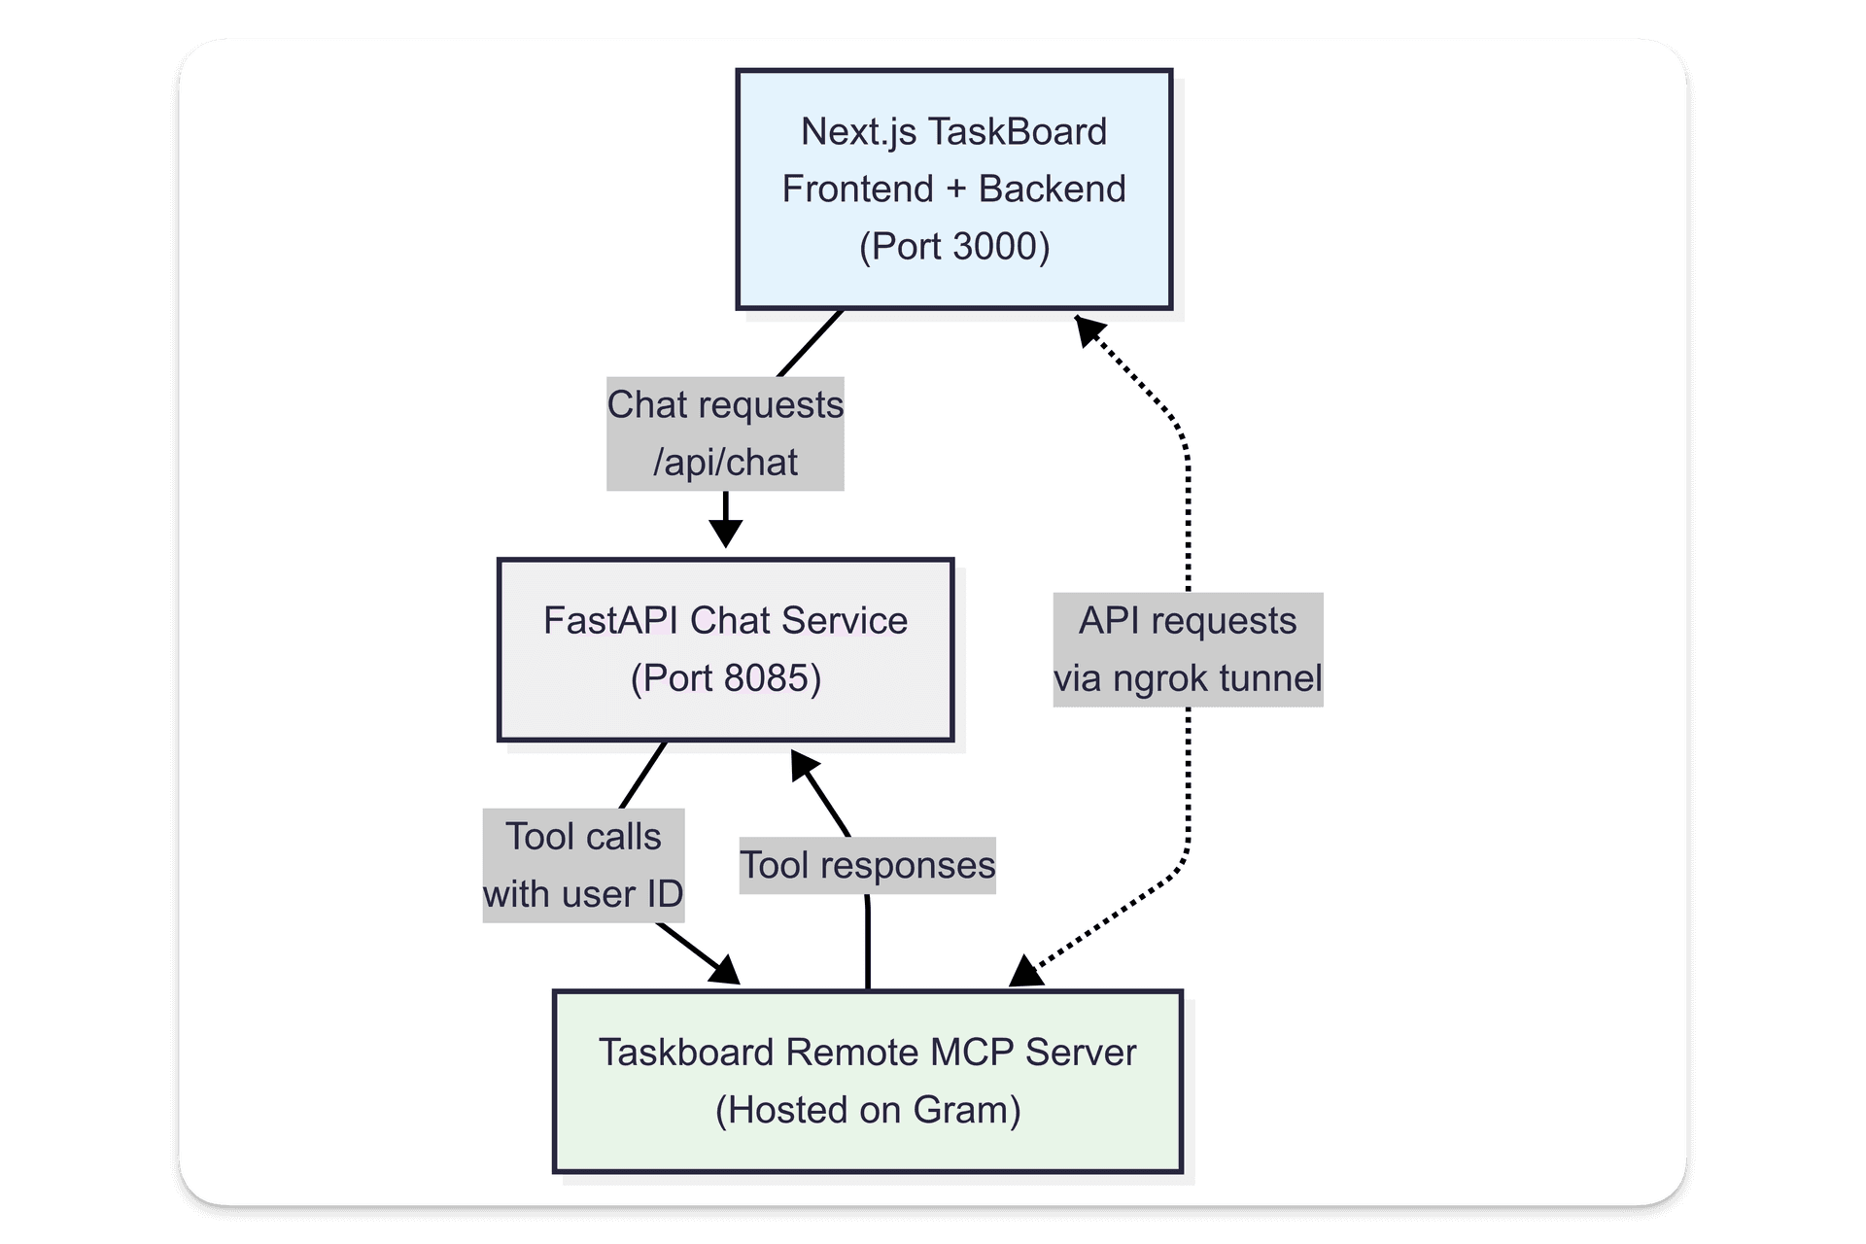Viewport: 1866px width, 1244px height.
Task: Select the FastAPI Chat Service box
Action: [x=725, y=649]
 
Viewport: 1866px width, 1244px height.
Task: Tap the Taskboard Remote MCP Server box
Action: [x=867, y=1081]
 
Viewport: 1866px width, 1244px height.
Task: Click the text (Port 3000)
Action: [x=954, y=246]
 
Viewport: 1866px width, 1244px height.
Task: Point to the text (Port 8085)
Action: [x=726, y=677]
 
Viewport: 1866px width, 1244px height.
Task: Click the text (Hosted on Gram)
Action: [x=868, y=1109]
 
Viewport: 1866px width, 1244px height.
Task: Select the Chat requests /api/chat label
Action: [x=725, y=433]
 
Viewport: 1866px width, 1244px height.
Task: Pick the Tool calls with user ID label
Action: [x=583, y=865]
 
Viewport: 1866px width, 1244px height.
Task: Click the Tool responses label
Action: [x=867, y=865]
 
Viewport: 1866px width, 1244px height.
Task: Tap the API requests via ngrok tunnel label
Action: [x=1188, y=649]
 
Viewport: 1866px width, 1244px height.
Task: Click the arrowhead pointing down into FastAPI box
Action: [x=725, y=534]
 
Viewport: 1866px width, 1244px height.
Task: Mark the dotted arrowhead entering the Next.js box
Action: [x=1088, y=329]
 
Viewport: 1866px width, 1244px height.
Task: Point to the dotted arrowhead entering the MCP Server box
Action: [x=1026, y=971]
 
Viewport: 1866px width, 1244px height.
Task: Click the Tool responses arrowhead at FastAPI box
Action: [x=804, y=765]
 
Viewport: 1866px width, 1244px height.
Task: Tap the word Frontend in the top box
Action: [x=857, y=189]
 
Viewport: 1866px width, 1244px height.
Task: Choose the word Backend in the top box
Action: [x=1052, y=189]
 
